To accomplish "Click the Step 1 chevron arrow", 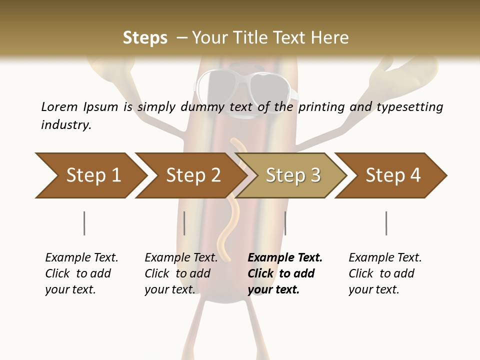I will pyautogui.click(x=92, y=175).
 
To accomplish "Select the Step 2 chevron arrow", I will pyautogui.click(x=192, y=175).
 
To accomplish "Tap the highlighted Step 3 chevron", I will pyautogui.click(x=292, y=175).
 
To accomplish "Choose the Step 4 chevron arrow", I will pyautogui.click(x=392, y=175).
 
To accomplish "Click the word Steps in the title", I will pyautogui.click(x=145, y=37).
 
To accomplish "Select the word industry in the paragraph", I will pyautogui.click(x=66, y=125).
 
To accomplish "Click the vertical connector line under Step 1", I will pyautogui.click(x=84, y=223).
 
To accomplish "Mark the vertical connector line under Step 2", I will pyautogui.click(x=184, y=223).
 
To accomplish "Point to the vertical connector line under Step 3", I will pyautogui.click(x=285, y=223).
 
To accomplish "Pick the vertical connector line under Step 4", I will pyautogui.click(x=386, y=223).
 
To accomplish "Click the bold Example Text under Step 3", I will pyautogui.click(x=285, y=273).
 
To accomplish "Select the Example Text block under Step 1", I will pyautogui.click(x=81, y=273).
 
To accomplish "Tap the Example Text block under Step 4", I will pyautogui.click(x=385, y=273).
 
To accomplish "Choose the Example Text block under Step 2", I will pyautogui.click(x=181, y=273).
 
